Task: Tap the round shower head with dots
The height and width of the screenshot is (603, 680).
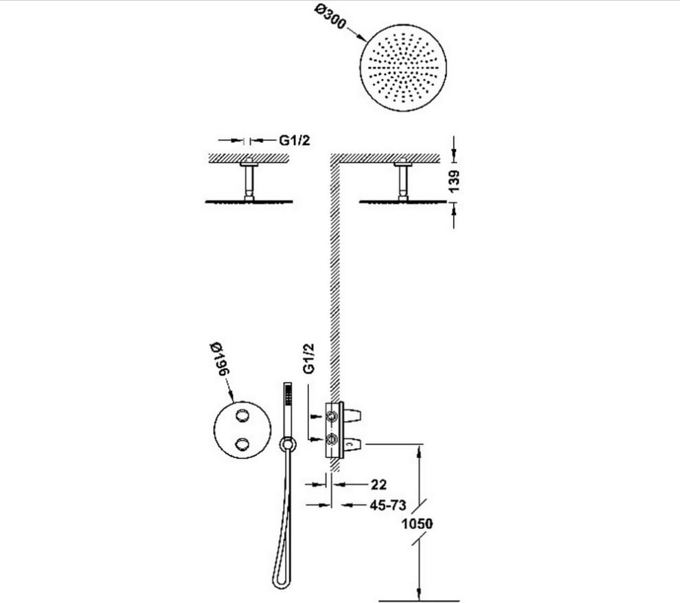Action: [403, 68]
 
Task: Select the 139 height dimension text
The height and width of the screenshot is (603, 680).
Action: [453, 181]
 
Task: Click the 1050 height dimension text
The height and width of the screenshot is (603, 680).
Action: [417, 523]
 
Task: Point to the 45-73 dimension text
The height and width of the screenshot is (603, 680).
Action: [387, 505]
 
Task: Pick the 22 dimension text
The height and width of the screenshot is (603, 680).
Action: [378, 484]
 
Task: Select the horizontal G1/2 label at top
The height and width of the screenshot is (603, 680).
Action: [295, 140]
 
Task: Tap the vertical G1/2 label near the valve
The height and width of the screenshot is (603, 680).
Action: [309, 359]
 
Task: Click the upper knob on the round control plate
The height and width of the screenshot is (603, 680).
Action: [242, 416]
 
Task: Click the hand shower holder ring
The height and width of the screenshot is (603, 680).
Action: [287, 444]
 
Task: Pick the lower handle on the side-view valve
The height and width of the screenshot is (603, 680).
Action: [352, 444]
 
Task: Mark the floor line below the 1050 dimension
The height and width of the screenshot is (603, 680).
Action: [419, 601]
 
